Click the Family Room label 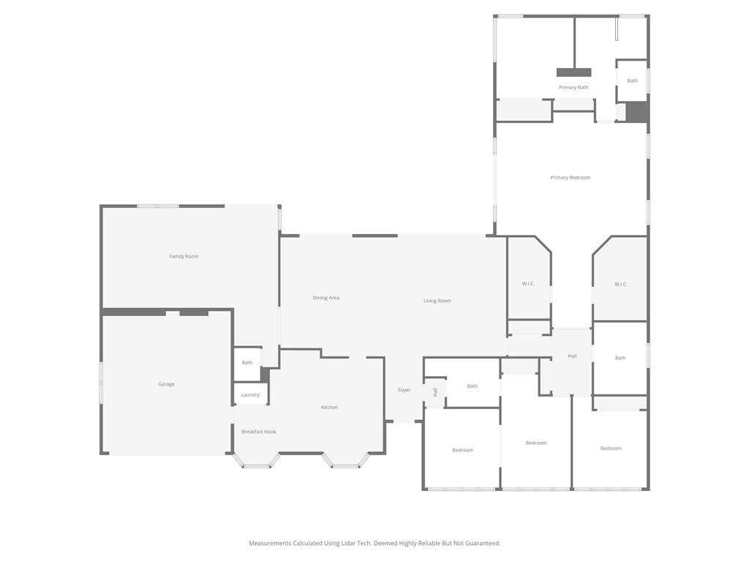click(184, 257)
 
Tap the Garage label click(166, 384)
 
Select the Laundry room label click(250, 395)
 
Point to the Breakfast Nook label click(259, 432)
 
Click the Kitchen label click(329, 408)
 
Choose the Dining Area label click(325, 298)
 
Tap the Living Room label click(437, 301)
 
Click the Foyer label click(404, 390)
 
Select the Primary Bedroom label click(570, 178)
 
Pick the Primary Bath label click(573, 88)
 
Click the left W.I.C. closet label click(528, 284)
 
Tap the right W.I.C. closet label click(620, 285)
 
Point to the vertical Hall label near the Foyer click(435, 392)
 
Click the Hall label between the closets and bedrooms click(572, 356)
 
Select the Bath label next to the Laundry click(247, 363)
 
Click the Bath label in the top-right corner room click(632, 81)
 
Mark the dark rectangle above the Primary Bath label click(573, 72)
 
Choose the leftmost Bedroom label click(462, 450)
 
